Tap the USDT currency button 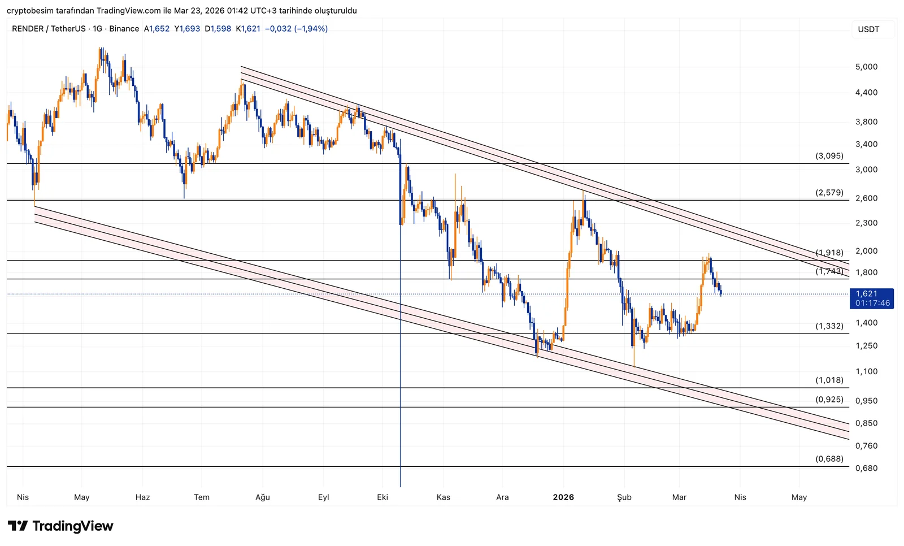point(868,29)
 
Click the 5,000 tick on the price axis point(866,67)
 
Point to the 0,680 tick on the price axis point(866,468)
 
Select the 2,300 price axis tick point(866,223)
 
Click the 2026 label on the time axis point(563,497)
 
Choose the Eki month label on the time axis point(383,497)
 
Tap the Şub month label point(624,497)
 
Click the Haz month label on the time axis point(142,497)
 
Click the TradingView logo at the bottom point(60,526)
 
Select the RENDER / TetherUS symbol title point(49,29)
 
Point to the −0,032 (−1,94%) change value point(296,29)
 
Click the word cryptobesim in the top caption point(29,11)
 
